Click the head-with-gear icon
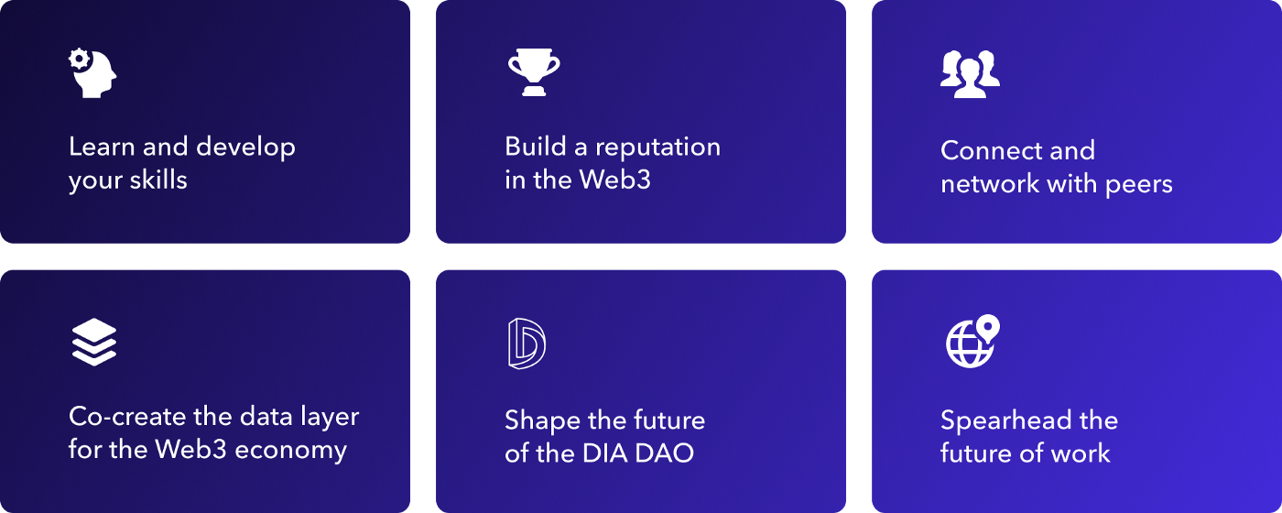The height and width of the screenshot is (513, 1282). [92, 73]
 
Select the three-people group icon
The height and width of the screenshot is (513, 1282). [970, 73]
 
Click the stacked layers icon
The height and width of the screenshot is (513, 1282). [93, 342]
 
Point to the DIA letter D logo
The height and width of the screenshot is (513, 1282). [527, 344]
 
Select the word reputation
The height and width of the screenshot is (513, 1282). [657, 147]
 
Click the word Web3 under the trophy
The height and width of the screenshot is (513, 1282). [614, 180]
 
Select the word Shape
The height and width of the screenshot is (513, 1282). [544, 420]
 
